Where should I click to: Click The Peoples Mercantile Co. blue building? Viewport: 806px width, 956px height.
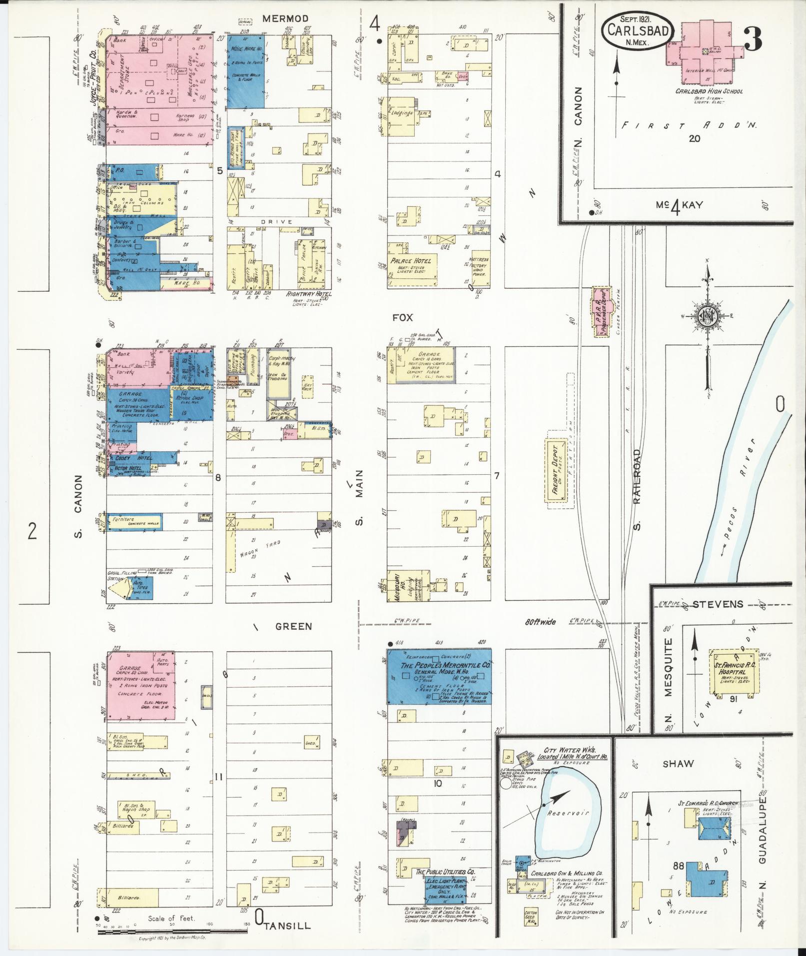coord(439,677)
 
